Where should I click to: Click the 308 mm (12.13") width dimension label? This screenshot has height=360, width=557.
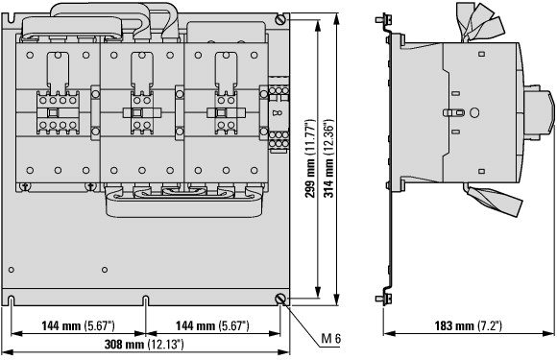click(x=144, y=344)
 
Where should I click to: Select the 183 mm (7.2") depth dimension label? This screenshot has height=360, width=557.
click(x=469, y=325)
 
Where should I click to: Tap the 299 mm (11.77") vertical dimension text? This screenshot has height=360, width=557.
click(x=309, y=158)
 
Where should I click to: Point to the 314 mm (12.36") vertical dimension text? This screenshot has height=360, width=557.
click(x=328, y=158)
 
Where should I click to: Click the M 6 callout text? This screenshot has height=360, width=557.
click(x=330, y=338)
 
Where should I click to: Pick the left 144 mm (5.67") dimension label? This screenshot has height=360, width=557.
click(x=78, y=325)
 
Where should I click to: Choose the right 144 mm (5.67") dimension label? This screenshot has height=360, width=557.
click(x=212, y=325)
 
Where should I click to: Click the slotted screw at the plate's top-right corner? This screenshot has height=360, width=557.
click(x=281, y=19)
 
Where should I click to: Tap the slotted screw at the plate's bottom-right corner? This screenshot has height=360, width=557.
click(x=281, y=300)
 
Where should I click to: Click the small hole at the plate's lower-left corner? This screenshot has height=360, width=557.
click(x=11, y=270)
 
